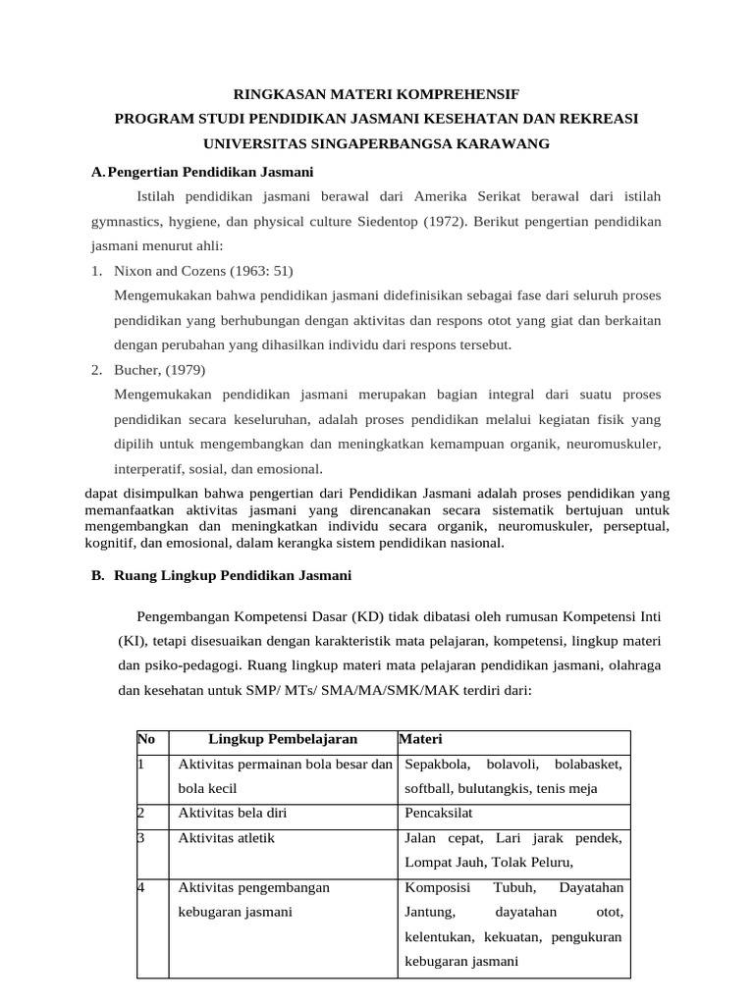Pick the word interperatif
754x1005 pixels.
coord(151,468)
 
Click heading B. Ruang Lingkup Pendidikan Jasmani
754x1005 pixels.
coord(221,575)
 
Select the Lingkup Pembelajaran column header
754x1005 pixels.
coord(283,739)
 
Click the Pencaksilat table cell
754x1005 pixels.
coord(439,813)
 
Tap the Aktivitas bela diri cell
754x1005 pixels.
coord(232,813)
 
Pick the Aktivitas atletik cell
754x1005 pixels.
coord(227,837)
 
